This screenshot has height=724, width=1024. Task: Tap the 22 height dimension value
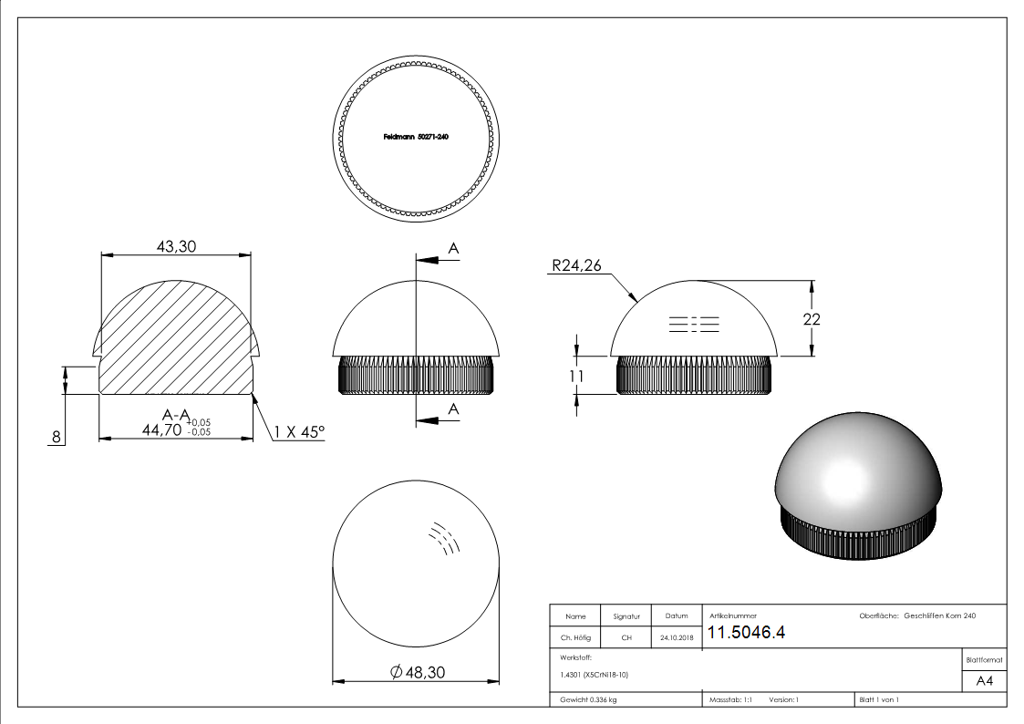pos(812,319)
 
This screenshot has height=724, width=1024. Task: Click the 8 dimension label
pos(57,438)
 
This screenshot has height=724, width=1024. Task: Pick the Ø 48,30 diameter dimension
pos(416,672)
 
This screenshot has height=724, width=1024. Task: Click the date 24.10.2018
pos(676,638)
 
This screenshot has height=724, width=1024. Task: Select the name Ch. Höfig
pos(575,638)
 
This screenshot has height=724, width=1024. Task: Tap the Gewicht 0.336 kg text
pos(588,699)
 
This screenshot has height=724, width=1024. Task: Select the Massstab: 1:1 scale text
pos(730,699)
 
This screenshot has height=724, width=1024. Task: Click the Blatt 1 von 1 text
pos(878,699)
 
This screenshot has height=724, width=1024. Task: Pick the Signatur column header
pos(626,616)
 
